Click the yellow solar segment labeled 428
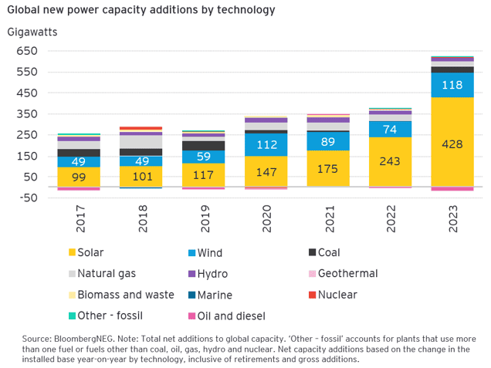[452, 143]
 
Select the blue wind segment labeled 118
[452, 85]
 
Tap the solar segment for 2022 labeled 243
[389, 162]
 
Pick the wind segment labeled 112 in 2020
[266, 144]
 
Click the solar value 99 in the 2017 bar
[78, 177]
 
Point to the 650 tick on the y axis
[27, 51]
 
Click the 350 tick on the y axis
[27, 114]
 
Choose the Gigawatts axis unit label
[32, 32]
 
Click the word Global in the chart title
[25, 11]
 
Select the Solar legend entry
[90, 252]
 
